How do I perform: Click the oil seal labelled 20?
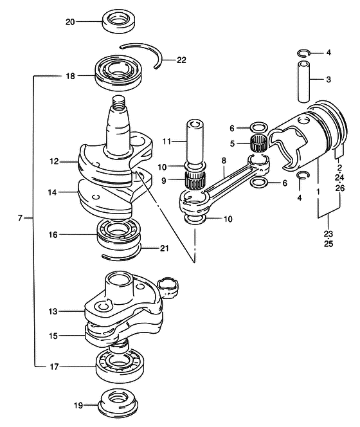[x=119, y=21]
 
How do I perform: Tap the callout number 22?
[x=181, y=60]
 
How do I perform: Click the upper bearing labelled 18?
[x=118, y=72]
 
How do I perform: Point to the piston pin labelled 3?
[x=303, y=82]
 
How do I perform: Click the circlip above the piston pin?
[x=303, y=53]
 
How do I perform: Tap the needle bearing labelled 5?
[x=258, y=143]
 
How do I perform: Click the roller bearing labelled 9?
[x=194, y=180]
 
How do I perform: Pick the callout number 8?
[x=224, y=161]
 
